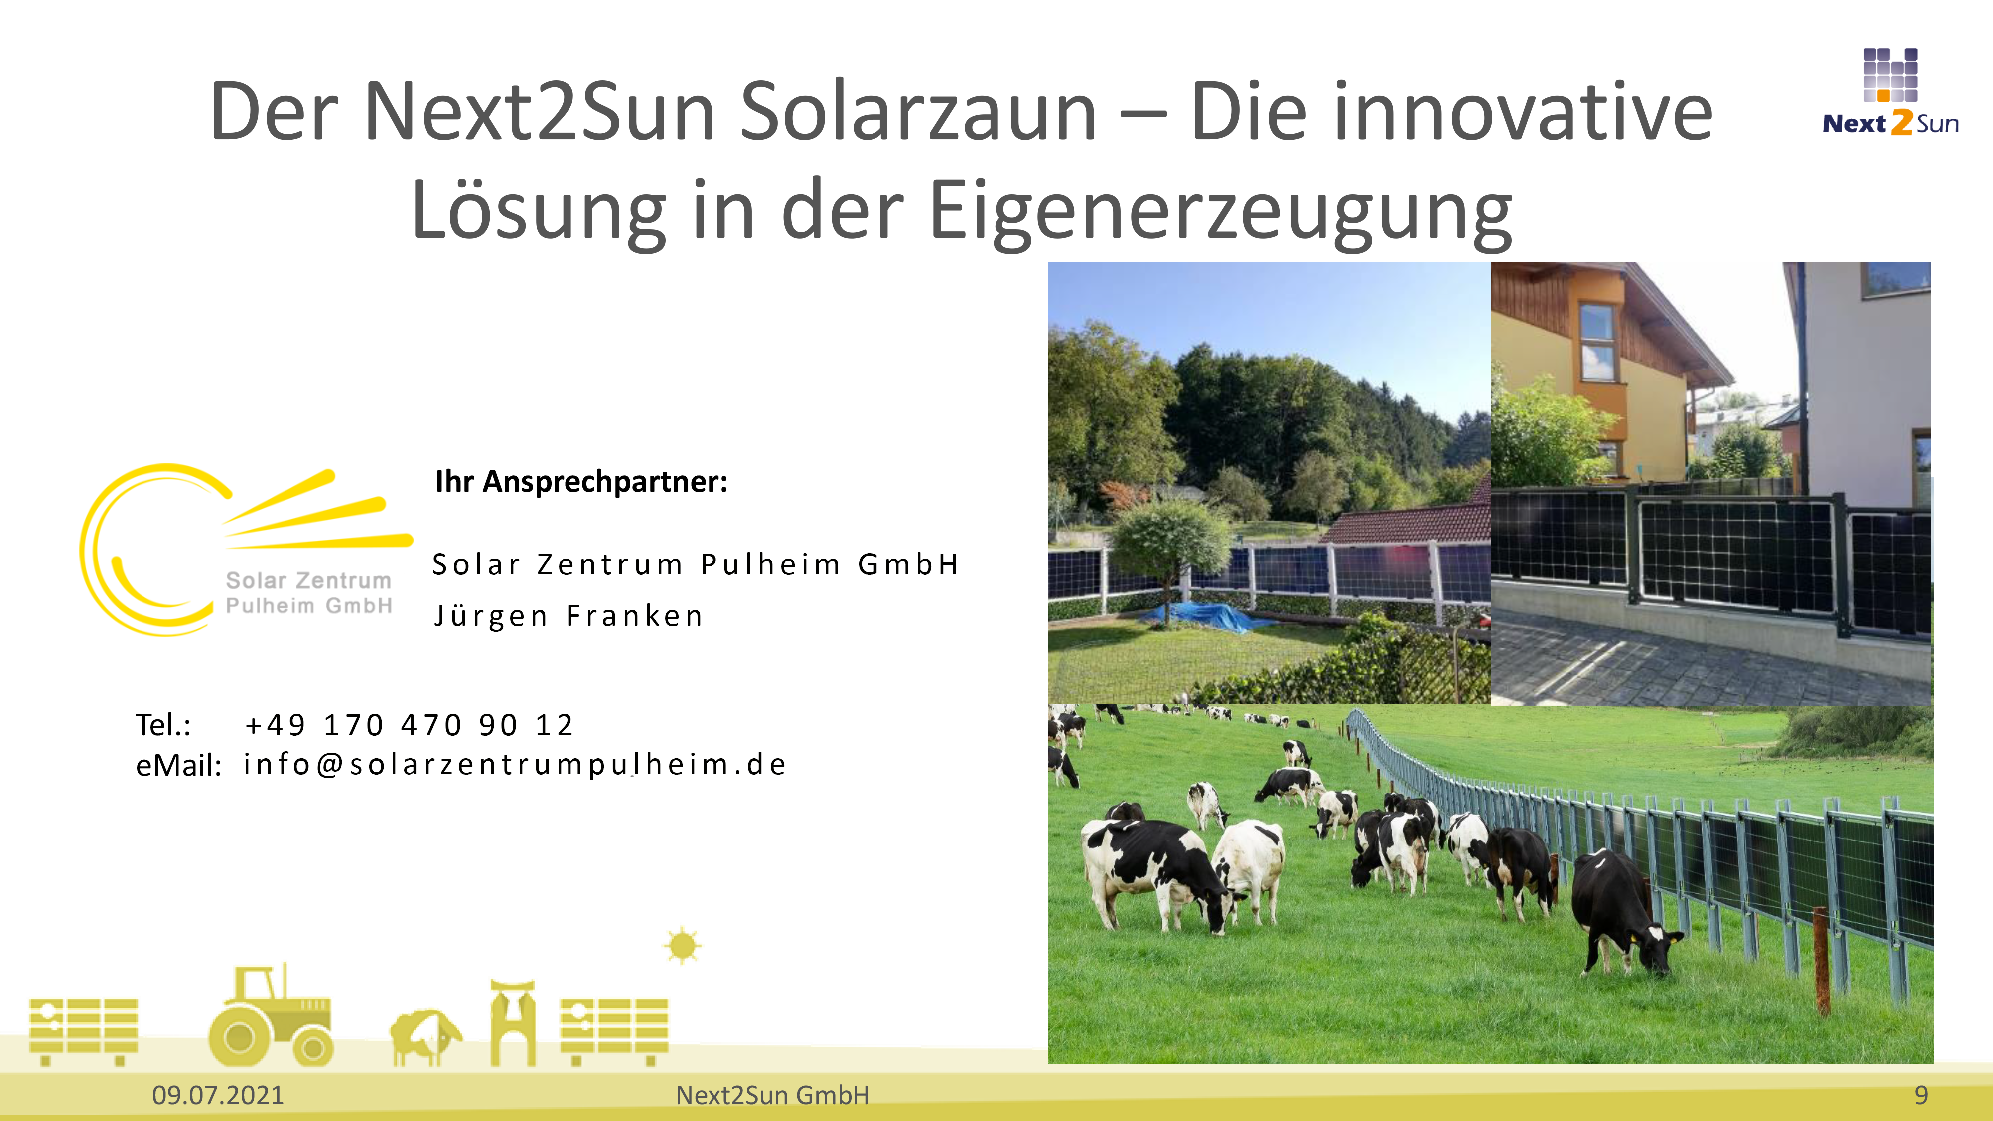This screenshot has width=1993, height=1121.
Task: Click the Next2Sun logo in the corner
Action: click(x=1890, y=92)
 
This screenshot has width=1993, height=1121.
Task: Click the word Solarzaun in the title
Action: click(x=918, y=112)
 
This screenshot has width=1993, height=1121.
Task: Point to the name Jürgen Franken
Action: click(x=569, y=616)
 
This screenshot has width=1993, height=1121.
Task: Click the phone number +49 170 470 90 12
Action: click(x=409, y=725)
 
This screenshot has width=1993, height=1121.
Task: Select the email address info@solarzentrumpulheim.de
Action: click(x=515, y=764)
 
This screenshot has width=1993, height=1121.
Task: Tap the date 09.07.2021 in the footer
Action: click(x=218, y=1095)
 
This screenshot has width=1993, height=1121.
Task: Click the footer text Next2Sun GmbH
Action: click(x=772, y=1095)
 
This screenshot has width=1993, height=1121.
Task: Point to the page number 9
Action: click(x=1921, y=1095)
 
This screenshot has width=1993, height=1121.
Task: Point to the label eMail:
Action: click(x=179, y=765)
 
